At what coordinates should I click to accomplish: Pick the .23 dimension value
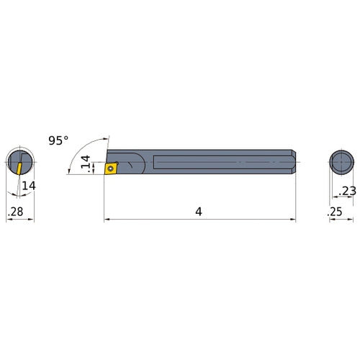click(345, 191)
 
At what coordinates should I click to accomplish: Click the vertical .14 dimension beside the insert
click(86, 165)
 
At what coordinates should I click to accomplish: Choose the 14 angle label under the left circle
click(28, 186)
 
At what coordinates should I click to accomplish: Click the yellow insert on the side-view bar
click(111, 168)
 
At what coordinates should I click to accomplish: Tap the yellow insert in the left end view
click(17, 167)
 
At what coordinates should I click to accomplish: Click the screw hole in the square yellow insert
click(111, 168)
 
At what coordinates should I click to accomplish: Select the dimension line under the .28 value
click(20, 220)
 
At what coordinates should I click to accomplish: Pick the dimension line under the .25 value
click(341, 220)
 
